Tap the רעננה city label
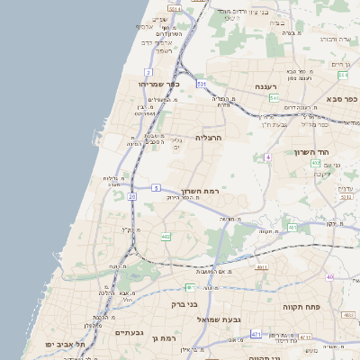265,86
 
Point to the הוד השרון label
314,152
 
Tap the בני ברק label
185,304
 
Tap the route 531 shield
202,84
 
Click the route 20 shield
132,195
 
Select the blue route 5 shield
156,187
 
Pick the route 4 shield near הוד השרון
267,157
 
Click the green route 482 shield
166,237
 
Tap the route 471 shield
256,334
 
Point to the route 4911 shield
262,267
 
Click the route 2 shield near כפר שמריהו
148,71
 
